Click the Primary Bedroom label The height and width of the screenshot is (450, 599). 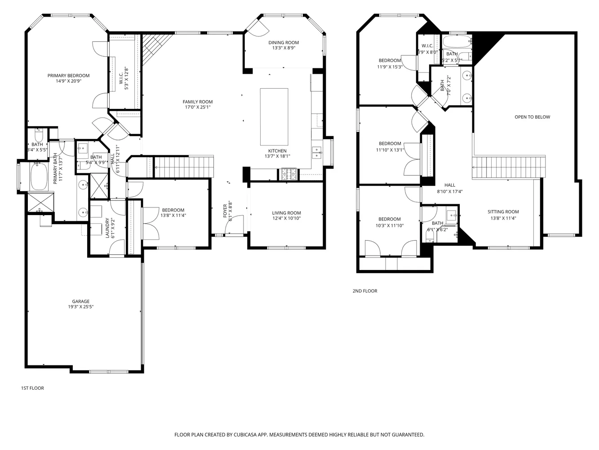pyautogui.click(x=68, y=76)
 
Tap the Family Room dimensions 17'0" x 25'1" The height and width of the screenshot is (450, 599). pyautogui.click(x=197, y=108)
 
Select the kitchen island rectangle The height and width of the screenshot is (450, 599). pyautogui.click(x=274, y=117)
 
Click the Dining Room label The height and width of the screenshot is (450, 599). pyautogui.click(x=284, y=43)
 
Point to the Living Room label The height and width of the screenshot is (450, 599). pyautogui.click(x=286, y=213)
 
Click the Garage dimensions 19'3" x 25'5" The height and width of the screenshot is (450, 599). pyautogui.click(x=80, y=307)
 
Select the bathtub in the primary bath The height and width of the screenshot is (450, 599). pyautogui.click(x=39, y=176)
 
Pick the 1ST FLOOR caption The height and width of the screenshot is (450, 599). pyautogui.click(x=32, y=388)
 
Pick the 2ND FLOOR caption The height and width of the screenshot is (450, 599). pyautogui.click(x=364, y=291)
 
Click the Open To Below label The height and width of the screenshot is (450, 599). pyautogui.click(x=532, y=117)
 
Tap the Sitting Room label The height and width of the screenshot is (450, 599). pyautogui.click(x=503, y=212)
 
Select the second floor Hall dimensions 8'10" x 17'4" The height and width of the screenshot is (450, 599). pyautogui.click(x=450, y=191)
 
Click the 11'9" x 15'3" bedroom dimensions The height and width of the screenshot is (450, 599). pyautogui.click(x=390, y=67)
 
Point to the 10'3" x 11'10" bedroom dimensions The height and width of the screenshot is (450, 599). pyautogui.click(x=390, y=225)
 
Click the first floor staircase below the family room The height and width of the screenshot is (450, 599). pyautogui.click(x=184, y=167)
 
